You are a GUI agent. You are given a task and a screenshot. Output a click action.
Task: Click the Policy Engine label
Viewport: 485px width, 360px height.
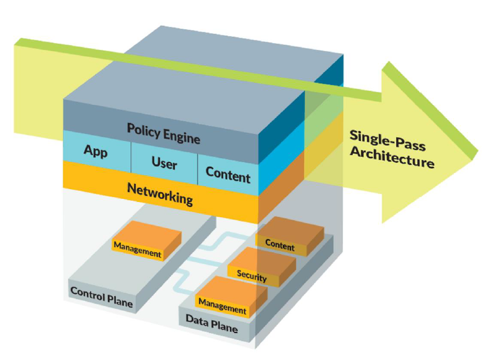tap(163, 133)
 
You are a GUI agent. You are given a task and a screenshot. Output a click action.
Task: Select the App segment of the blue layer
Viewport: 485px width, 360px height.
tap(97, 152)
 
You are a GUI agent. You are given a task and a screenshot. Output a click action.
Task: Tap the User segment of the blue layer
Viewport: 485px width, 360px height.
tap(164, 162)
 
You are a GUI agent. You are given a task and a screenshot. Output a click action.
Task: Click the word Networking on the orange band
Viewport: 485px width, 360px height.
tap(160, 194)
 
